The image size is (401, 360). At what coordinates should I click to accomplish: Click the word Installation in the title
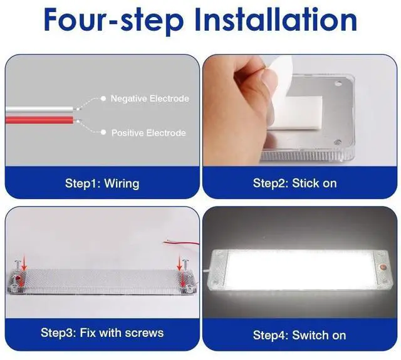[x=276, y=20]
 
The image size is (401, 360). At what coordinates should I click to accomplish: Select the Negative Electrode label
[x=150, y=98]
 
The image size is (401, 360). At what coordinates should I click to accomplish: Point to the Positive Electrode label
[x=148, y=133]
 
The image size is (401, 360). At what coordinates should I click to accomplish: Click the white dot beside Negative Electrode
[x=103, y=98]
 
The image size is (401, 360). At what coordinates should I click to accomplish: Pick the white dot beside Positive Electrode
[x=103, y=132]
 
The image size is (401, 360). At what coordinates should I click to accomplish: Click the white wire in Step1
[x=39, y=110]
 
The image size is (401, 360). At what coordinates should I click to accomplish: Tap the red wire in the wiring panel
[x=39, y=120]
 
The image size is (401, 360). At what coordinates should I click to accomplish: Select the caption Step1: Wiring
[x=102, y=183]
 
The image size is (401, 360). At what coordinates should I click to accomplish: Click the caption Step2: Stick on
[x=294, y=183]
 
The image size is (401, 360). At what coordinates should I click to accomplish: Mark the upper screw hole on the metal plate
[x=338, y=83]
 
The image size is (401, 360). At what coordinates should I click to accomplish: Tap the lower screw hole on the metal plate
[x=338, y=142]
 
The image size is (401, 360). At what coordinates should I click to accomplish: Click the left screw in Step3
[x=17, y=267]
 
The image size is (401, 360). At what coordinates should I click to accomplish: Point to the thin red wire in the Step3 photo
[x=181, y=243]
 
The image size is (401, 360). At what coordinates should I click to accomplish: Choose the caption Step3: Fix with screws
[x=102, y=333]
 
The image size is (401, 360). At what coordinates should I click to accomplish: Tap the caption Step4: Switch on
[x=299, y=335]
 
